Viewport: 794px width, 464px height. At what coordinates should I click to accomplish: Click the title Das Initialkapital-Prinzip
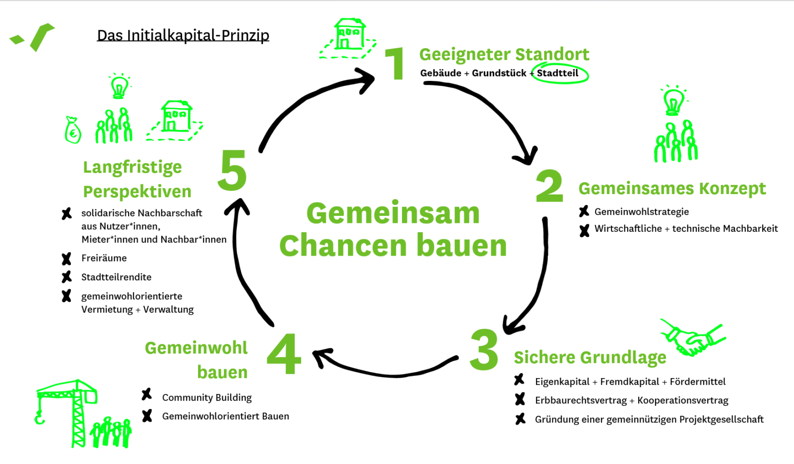point(183,35)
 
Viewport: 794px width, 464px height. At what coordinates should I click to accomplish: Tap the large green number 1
point(395,63)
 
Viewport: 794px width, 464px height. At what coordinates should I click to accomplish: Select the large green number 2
point(549,186)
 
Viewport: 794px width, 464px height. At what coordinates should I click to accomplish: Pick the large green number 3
point(484,350)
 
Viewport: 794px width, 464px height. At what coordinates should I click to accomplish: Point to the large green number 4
point(284,353)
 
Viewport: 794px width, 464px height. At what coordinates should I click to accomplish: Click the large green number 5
point(232,171)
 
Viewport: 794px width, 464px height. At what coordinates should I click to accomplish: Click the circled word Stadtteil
point(558,73)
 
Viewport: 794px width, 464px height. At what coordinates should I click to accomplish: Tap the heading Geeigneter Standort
point(504,54)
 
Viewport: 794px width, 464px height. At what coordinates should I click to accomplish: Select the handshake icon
point(693,338)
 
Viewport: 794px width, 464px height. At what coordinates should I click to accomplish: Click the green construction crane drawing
point(69,409)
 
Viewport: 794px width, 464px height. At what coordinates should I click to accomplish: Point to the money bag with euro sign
point(73,130)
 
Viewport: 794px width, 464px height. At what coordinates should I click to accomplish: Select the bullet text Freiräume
point(104,258)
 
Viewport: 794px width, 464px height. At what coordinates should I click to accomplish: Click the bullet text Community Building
point(207,398)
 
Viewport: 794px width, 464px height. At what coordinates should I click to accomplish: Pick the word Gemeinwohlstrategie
point(642,212)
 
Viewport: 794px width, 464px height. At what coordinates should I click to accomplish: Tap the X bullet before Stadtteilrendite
point(66,277)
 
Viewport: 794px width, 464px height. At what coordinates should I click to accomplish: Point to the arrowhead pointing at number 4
point(322,356)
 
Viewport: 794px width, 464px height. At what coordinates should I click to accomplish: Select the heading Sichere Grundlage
point(590,357)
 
